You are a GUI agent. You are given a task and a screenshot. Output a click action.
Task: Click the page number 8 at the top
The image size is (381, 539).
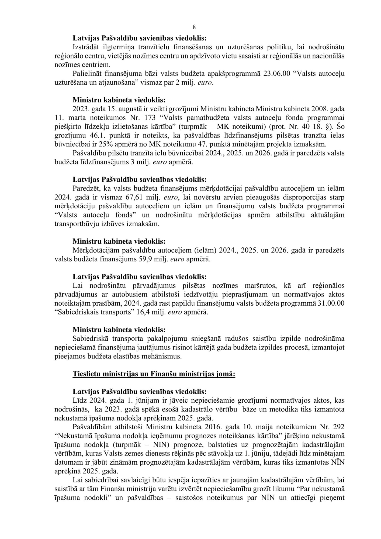click(194, 27)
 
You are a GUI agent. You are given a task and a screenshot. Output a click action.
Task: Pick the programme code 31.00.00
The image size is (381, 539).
click(332, 303)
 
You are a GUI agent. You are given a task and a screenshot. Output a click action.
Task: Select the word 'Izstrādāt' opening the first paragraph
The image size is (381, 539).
click(87, 47)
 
